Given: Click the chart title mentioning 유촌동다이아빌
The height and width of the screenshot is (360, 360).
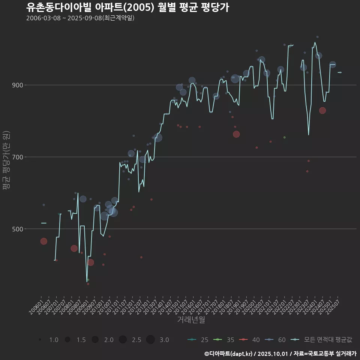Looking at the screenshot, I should click(x=127, y=7).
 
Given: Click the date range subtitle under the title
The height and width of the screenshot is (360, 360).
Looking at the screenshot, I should click(x=80, y=18).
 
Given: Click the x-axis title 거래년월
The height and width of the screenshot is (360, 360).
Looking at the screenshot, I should click(x=191, y=320).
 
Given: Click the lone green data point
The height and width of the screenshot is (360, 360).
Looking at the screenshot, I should click(x=285, y=137).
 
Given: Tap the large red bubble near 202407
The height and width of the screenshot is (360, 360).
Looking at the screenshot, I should click(x=322, y=110).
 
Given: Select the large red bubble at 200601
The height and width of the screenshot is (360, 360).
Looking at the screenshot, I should click(x=43, y=241).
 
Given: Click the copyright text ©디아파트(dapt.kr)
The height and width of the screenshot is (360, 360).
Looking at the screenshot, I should click(x=229, y=353).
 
